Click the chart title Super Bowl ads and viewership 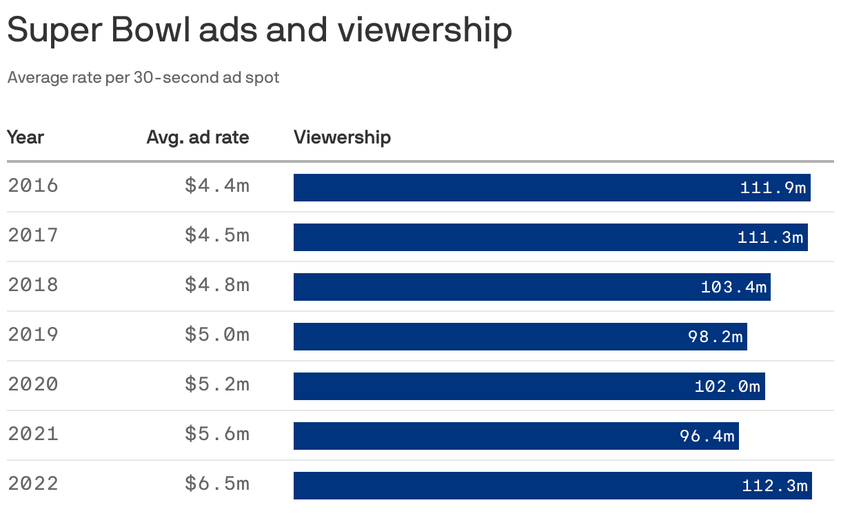pyautogui.click(x=259, y=31)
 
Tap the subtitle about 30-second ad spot pyautogui.click(x=143, y=77)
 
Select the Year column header pyautogui.click(x=26, y=137)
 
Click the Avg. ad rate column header pyautogui.click(x=198, y=137)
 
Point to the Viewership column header pyautogui.click(x=342, y=137)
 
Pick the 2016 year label pyautogui.click(x=33, y=186)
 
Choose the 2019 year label pyautogui.click(x=33, y=335)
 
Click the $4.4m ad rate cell pyautogui.click(x=216, y=186)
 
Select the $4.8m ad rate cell pyautogui.click(x=216, y=286)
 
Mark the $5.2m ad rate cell pyautogui.click(x=216, y=385)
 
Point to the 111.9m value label pyautogui.click(x=773, y=188)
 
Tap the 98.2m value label pyautogui.click(x=715, y=337)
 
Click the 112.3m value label pyautogui.click(x=774, y=486)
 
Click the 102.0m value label pyautogui.click(x=727, y=386)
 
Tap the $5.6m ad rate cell pyautogui.click(x=216, y=435)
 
